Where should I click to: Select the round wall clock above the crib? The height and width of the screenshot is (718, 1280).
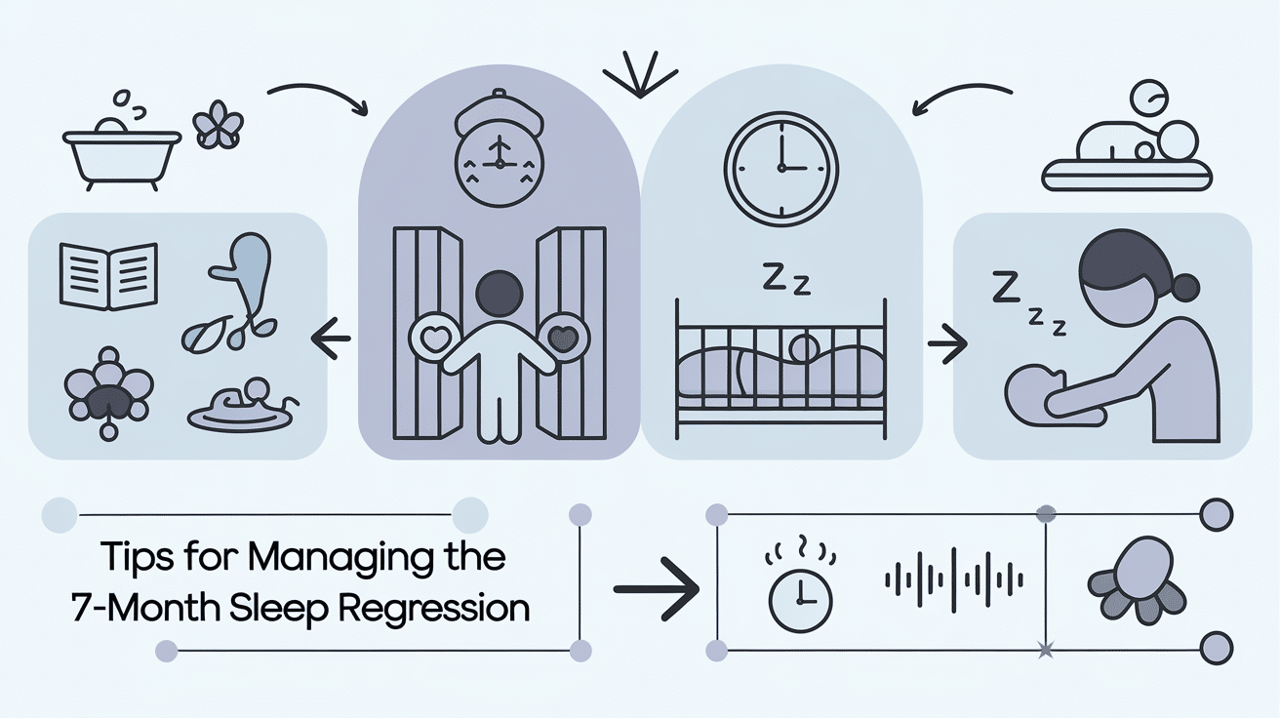point(781,167)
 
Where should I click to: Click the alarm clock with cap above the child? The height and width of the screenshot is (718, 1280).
point(499,152)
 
